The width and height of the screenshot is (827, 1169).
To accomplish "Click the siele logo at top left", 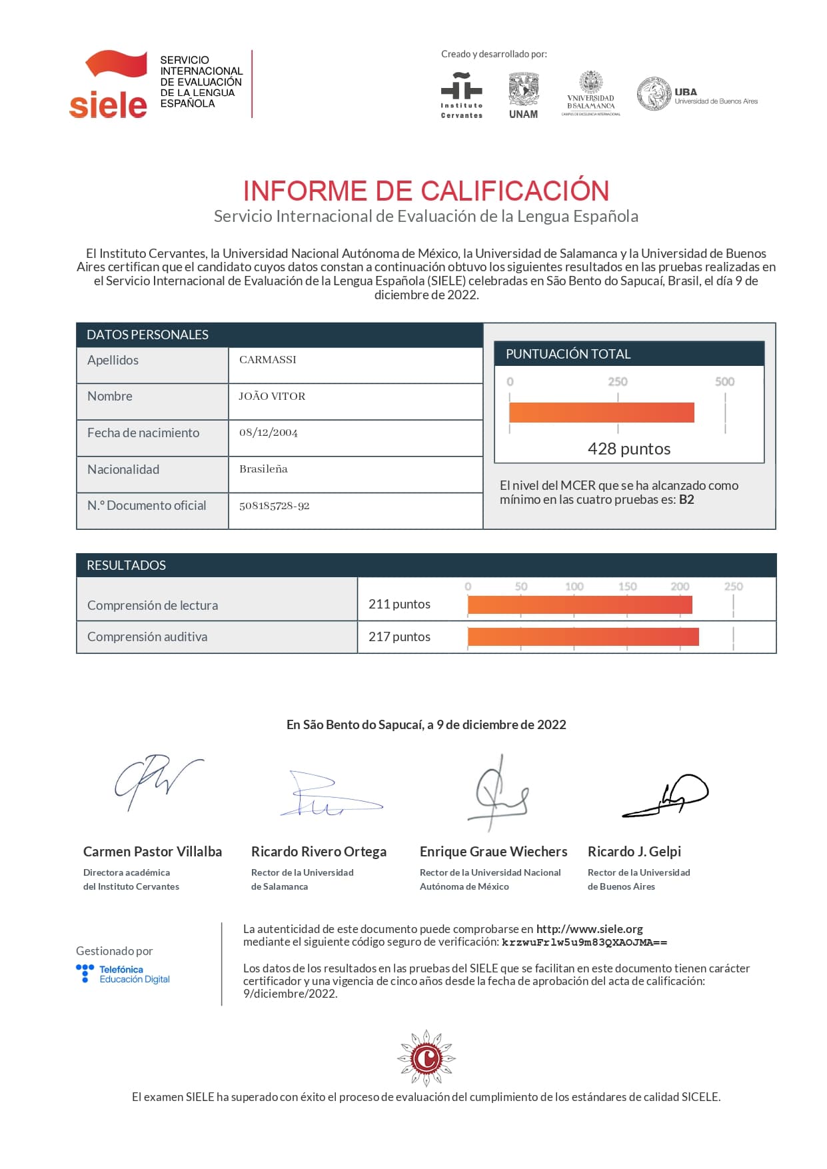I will click(109, 85).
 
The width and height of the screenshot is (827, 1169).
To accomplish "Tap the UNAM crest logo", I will click(523, 95).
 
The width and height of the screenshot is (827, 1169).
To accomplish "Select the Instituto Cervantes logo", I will click(461, 95).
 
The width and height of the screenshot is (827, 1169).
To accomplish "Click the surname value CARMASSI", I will click(268, 360).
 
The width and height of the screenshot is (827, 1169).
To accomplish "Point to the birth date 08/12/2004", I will click(269, 433).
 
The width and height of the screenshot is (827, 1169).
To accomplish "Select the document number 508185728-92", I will click(275, 506).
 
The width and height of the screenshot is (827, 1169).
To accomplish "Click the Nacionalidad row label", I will click(123, 469).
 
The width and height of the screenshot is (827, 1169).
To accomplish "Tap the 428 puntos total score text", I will click(628, 449).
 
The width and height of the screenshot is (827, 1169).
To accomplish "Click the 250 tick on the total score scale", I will click(617, 382).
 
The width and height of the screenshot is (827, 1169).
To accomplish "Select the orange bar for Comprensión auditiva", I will click(583, 636).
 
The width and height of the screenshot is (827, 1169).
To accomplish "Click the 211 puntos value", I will click(399, 604).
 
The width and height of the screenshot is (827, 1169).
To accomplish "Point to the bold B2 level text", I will click(686, 500).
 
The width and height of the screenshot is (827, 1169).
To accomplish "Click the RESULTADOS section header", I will click(127, 565).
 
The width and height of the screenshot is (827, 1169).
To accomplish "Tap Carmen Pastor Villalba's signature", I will click(157, 781).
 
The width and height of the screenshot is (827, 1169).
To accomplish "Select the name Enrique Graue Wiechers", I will click(493, 852).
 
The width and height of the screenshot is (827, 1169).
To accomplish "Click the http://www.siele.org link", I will click(589, 929).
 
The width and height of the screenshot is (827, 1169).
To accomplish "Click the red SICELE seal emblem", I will click(426, 1058).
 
